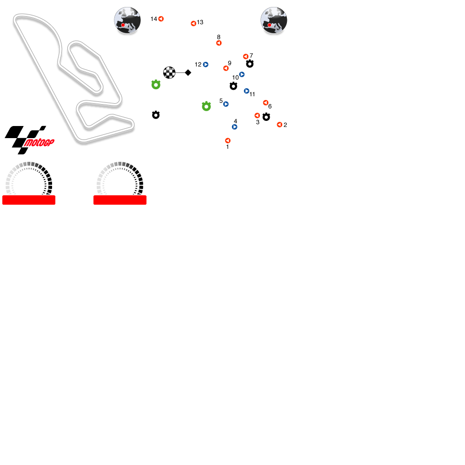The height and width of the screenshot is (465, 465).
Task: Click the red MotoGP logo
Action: [x=39, y=143]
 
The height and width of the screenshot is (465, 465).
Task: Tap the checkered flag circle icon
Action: [x=169, y=73]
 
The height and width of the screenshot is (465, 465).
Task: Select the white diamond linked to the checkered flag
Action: [x=188, y=73]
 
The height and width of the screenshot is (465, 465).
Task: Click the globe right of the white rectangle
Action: [x=273, y=20]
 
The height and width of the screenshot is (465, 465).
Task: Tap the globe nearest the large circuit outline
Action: [x=127, y=20]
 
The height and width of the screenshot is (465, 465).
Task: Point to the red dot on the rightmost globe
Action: [x=269, y=25]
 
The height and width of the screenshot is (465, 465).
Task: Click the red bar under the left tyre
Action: [x=29, y=200]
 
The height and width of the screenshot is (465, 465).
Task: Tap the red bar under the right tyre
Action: [x=120, y=200]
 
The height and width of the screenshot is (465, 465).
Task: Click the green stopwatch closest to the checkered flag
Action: [x=156, y=85]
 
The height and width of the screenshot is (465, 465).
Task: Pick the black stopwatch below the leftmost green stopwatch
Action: [x=156, y=115]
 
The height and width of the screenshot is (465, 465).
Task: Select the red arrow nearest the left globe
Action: [x=161, y=19]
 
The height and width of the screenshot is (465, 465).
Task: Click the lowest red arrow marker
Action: [x=228, y=141]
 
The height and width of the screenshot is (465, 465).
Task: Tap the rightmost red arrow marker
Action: [x=279, y=125]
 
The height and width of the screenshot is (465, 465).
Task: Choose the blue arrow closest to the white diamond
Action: [x=206, y=65]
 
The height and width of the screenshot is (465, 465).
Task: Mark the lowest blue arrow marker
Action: [x=235, y=127]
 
